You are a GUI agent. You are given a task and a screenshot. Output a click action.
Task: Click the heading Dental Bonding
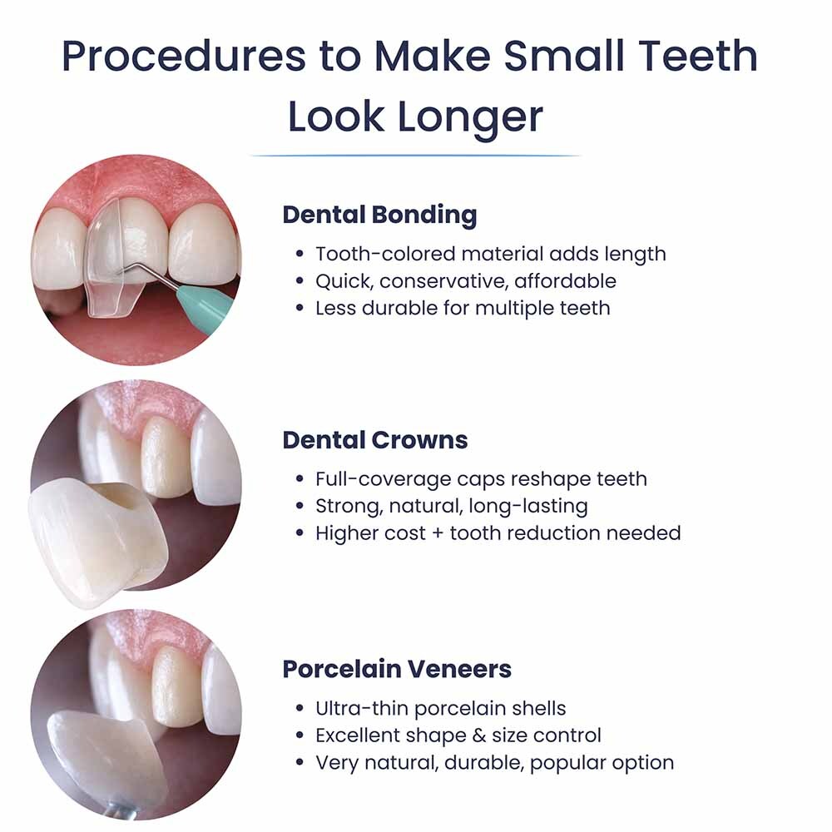click(x=379, y=215)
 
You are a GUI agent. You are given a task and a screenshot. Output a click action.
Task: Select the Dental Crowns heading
click(x=375, y=440)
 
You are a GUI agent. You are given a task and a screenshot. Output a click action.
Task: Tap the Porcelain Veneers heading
click(x=397, y=669)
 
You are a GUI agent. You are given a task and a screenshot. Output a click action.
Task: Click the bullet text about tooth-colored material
click(x=491, y=254)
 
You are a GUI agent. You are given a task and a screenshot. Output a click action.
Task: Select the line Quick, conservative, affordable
click(x=466, y=281)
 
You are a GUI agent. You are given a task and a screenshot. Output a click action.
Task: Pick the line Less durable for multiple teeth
click(x=463, y=308)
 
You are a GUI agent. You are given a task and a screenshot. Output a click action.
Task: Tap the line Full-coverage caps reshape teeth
click(x=481, y=479)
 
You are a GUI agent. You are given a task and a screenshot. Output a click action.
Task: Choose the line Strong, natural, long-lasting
click(x=452, y=506)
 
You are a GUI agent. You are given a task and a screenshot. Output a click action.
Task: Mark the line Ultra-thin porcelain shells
click(x=441, y=709)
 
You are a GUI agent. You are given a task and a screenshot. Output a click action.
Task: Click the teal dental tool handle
click(x=209, y=303)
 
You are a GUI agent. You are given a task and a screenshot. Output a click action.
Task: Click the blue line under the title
click(x=415, y=156)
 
